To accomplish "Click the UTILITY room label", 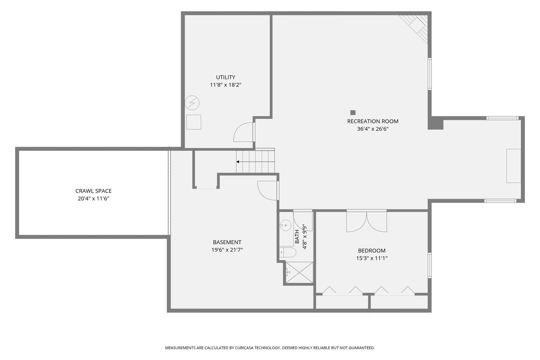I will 225,77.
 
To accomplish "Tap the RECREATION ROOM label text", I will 373,121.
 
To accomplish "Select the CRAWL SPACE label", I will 93,191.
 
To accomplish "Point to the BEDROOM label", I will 372,251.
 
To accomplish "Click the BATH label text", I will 297,237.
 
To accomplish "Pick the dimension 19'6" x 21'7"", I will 227,250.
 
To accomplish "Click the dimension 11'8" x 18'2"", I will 225,85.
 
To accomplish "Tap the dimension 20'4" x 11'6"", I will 93,198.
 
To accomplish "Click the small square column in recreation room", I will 353,112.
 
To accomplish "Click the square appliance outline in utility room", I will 193,122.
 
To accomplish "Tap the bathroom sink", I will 285,225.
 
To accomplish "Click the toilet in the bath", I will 288,252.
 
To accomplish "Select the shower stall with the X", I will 299,273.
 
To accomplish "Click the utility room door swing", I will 244,132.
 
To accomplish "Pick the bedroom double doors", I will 366,221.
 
